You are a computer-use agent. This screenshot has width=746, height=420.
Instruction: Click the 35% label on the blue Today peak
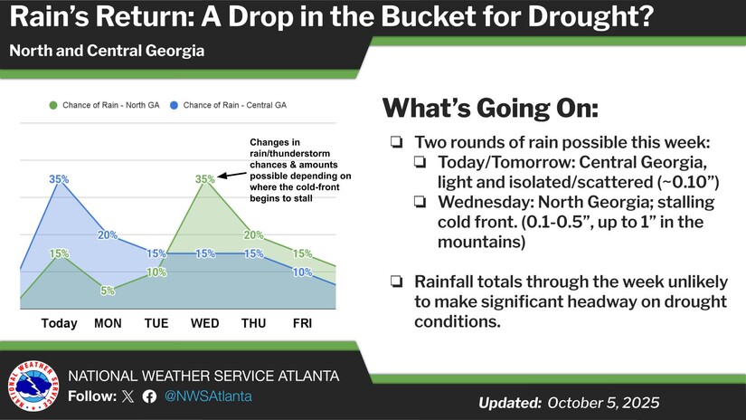(x=59, y=179)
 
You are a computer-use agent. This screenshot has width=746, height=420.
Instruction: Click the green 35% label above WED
(x=205, y=179)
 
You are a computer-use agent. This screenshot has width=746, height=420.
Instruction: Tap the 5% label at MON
(x=108, y=291)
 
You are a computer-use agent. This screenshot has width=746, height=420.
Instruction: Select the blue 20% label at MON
(x=108, y=235)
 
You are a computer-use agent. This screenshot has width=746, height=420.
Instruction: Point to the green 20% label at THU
(x=253, y=235)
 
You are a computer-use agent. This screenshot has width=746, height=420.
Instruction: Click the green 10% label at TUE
(x=156, y=272)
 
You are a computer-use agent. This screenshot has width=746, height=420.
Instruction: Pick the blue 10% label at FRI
(x=303, y=272)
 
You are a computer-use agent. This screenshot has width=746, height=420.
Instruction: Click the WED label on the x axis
(x=205, y=322)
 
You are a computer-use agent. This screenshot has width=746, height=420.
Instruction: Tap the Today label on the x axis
(x=59, y=322)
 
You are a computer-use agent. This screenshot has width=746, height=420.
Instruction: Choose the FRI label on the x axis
(x=303, y=322)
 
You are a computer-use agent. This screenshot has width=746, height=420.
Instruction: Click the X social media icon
(x=127, y=396)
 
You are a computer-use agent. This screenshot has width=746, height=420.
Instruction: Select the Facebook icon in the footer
(x=149, y=396)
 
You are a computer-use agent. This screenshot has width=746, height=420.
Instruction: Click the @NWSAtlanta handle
(x=207, y=396)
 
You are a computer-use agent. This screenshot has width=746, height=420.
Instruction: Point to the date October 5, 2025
(x=603, y=402)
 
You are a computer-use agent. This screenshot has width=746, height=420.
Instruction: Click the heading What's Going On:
(x=489, y=109)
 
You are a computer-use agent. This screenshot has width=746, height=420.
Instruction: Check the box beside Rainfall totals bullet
(x=397, y=282)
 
